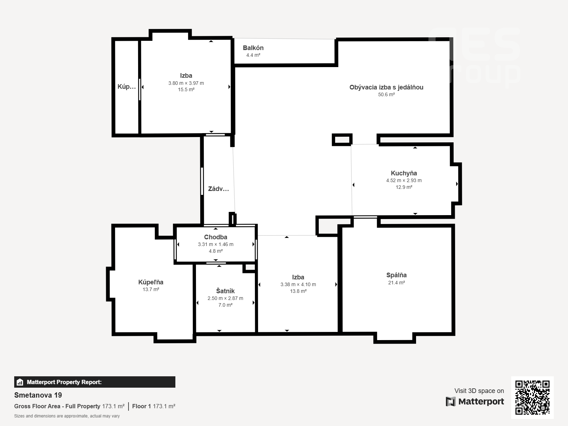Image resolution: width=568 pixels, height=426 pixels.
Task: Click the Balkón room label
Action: click(253, 48)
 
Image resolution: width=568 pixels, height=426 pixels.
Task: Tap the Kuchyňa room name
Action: click(404, 173)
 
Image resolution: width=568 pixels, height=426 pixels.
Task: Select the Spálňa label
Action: click(397, 275)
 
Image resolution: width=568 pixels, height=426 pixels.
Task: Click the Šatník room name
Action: click(225, 291)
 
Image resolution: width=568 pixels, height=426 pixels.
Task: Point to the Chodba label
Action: click(215, 237)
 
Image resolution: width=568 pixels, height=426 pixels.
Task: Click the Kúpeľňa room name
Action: click(151, 282)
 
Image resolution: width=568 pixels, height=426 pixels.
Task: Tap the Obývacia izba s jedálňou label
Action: click(386, 87)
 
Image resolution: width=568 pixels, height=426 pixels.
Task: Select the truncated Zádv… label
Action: click(218, 189)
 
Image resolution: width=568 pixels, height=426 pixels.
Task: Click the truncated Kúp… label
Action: click(126, 86)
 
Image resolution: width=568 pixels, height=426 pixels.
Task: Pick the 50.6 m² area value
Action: click(386, 95)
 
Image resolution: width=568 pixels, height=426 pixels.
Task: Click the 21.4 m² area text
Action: click(397, 283)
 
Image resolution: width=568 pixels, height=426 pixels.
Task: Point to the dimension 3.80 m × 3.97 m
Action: click(186, 83)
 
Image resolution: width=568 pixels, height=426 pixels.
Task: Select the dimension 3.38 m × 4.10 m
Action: click(298, 284)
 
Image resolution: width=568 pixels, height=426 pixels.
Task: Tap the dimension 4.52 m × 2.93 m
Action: click(404, 181)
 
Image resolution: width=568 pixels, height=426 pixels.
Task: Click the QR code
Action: click(532, 398)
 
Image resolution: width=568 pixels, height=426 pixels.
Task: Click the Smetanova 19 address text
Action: click(38, 395)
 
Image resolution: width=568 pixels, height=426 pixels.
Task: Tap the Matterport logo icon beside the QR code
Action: click(450, 402)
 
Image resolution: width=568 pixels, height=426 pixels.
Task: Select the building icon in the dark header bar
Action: click(20, 382)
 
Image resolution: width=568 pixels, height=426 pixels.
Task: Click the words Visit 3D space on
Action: click(479, 391)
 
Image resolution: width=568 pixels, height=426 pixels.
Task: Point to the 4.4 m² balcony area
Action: click(253, 55)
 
